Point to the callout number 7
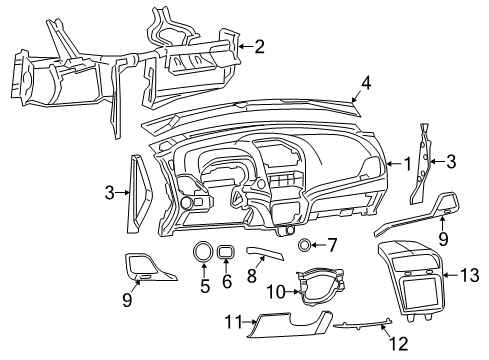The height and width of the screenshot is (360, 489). (x=333, y=244)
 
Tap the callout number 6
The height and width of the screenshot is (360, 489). (x=227, y=284)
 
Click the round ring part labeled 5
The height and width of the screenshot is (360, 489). (x=203, y=252)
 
